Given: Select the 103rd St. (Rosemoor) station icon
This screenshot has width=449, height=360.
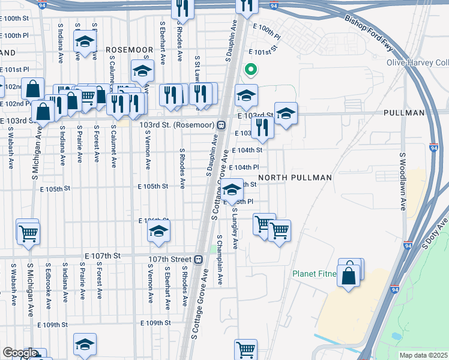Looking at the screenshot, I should tap(221, 125).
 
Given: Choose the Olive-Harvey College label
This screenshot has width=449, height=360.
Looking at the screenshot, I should tap(418, 62).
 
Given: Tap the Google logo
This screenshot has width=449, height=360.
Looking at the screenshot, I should tap(19, 353).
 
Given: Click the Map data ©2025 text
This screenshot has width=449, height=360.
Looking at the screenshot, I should tap(423, 355).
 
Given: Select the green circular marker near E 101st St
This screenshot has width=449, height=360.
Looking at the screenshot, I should tap(250, 70).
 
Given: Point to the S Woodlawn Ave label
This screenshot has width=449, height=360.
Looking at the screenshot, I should tap(403, 181).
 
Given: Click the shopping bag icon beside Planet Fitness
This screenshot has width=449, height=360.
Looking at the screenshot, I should tap(349, 277).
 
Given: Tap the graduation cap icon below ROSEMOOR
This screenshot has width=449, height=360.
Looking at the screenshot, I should tap(142, 73).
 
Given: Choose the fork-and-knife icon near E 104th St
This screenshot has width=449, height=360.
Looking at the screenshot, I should tap(262, 127).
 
